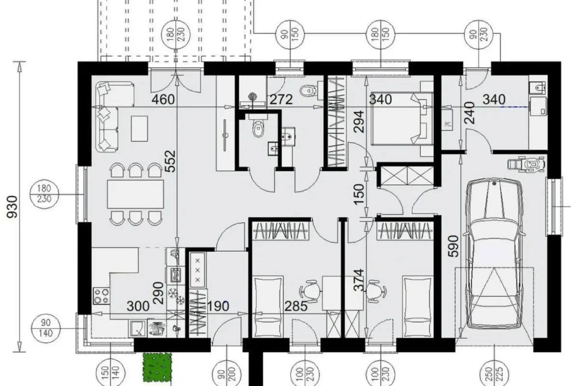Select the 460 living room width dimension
pyautogui.click(x=163, y=100)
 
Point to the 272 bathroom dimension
pyautogui.click(x=281, y=100)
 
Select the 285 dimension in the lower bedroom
pyautogui.click(x=296, y=306)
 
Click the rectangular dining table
pyautogui.click(x=136, y=193)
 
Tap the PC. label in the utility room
pyautogui.click(x=448, y=124)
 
